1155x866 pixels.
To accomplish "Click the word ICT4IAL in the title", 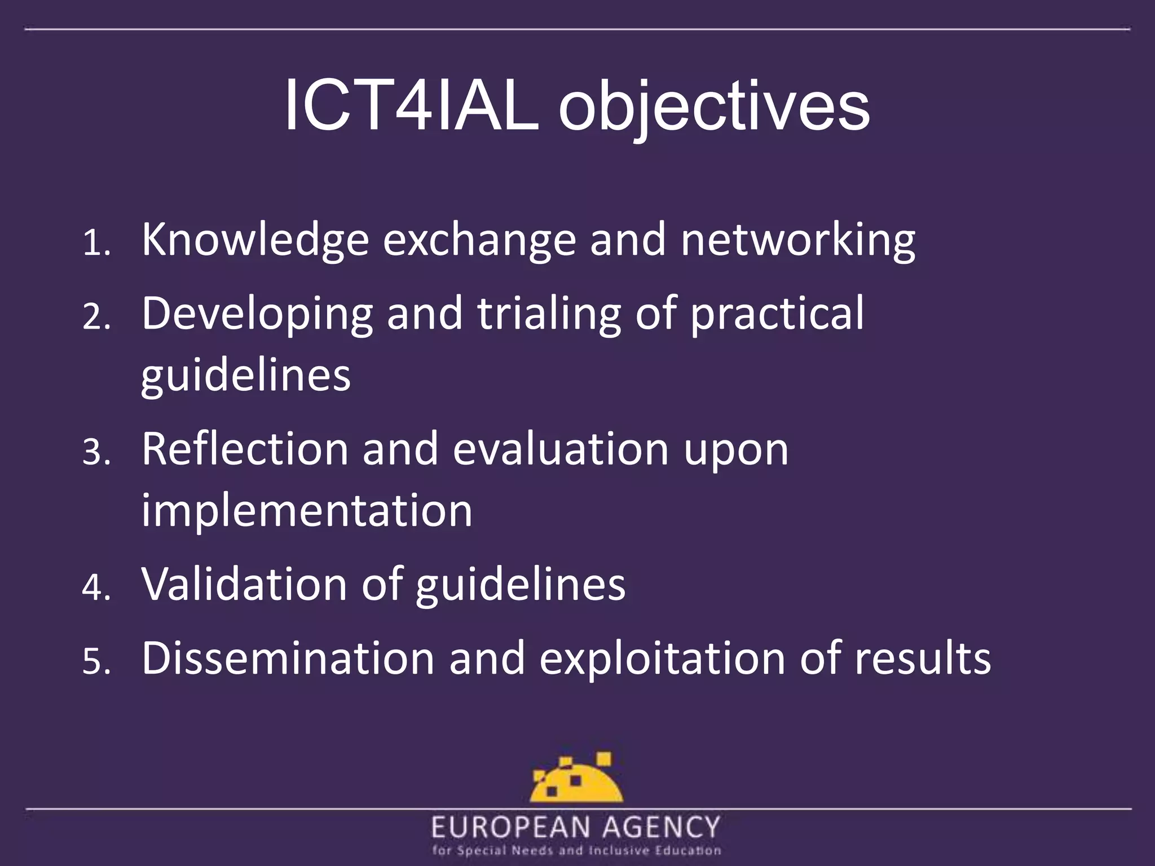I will [411, 105].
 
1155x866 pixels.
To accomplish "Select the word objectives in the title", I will [713, 107].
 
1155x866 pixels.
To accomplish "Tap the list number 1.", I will [96, 244].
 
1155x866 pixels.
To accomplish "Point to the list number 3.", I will [96, 452].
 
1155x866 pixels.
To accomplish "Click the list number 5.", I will [96, 661].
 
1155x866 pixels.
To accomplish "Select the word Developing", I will [257, 315].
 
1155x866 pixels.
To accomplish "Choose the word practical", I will [777, 315].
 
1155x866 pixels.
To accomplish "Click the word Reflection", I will [245, 449].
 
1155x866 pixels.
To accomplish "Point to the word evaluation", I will [561, 449].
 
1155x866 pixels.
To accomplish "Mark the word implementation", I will [307, 511].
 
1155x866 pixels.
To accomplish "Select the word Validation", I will [244, 584].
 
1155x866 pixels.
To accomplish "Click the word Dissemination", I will [288, 658].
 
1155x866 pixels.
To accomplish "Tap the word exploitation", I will [662, 658].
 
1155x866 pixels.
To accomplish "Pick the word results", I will [923, 658].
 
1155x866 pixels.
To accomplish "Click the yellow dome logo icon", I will [576, 779].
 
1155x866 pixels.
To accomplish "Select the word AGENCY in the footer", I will [661, 828].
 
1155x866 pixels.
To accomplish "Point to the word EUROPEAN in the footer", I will [511, 828].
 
